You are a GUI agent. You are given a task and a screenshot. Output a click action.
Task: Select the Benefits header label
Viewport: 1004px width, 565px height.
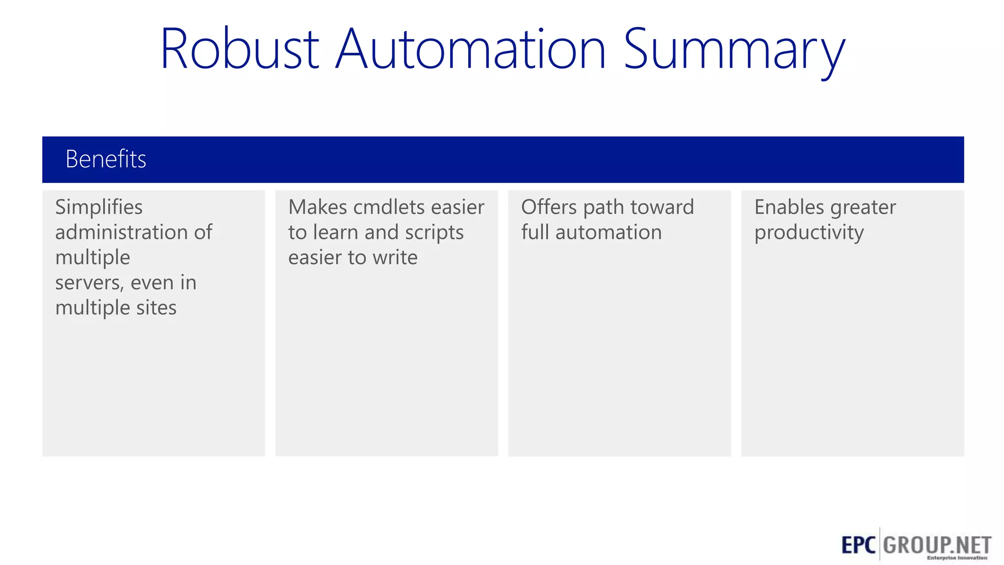106,159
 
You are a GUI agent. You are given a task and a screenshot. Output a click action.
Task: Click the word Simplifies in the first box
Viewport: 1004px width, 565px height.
99,207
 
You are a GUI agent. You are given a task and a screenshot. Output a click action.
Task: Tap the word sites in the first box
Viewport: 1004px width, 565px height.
156,308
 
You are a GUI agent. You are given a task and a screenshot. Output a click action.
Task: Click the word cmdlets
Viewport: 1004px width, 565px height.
389,207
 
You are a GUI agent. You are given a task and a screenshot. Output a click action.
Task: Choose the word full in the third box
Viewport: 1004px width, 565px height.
535,232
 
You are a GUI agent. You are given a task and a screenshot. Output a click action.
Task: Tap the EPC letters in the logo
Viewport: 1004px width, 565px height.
858,545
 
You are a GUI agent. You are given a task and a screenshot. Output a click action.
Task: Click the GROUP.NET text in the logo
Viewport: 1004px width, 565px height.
937,544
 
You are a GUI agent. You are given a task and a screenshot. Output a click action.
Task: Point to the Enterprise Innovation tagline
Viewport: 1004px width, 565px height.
957,558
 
